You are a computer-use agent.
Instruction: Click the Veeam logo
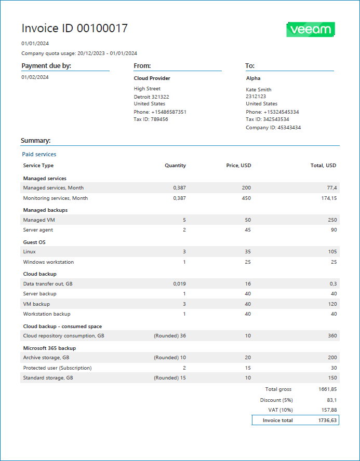tap(310, 30)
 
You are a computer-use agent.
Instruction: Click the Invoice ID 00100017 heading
tap(74, 29)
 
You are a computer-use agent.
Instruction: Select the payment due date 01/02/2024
tap(35, 77)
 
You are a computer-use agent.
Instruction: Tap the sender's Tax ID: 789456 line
tap(151, 119)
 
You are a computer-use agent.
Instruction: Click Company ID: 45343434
tap(273, 128)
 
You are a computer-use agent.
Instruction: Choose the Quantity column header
tap(175, 166)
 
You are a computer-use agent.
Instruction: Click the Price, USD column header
tap(238, 166)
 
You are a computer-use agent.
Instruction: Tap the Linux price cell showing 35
tap(248, 252)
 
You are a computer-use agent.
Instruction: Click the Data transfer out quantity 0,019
tap(179, 284)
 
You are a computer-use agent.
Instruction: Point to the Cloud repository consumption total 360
tap(331, 336)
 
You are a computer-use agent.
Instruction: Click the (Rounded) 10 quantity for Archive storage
tap(170, 358)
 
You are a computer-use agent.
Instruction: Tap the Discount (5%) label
tap(276, 400)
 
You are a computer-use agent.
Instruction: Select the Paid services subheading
tap(39, 154)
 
